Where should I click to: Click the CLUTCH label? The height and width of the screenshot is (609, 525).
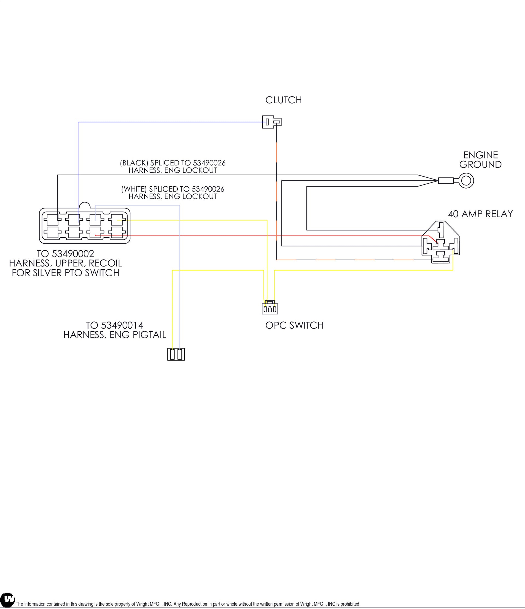point(283,100)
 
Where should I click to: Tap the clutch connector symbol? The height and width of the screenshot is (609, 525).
point(271,122)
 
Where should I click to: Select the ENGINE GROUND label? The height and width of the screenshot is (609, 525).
point(480,160)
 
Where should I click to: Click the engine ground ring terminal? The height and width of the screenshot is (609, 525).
point(466,180)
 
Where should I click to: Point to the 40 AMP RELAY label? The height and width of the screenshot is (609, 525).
point(480,214)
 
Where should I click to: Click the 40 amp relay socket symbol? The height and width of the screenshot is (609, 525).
point(440,242)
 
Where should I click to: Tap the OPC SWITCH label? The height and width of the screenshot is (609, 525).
point(294,325)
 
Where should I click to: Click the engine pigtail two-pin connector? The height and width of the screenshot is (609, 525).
point(176,354)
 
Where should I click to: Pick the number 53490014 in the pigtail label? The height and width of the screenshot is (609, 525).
point(122,325)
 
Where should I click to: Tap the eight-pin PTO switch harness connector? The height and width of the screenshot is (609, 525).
point(85,226)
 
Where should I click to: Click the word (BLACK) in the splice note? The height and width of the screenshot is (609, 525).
point(134,163)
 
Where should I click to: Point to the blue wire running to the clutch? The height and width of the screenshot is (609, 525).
point(171,122)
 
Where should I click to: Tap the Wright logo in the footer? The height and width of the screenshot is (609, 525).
point(7,601)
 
